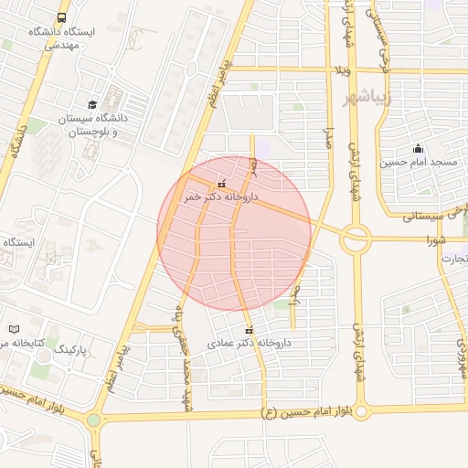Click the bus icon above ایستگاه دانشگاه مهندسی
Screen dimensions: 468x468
click(x=62, y=17)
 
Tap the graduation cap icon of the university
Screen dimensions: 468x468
click(x=92, y=105)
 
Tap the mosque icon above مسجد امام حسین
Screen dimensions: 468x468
click(x=418, y=149)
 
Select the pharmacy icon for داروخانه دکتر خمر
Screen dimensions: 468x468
click(x=222, y=183)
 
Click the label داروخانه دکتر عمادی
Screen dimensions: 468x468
click(x=249, y=343)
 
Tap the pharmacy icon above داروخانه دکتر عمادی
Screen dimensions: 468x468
click(x=249, y=330)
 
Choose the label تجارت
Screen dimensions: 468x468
click(x=450, y=259)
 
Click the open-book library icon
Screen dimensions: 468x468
click(x=14, y=329)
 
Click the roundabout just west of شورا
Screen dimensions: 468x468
click(x=355, y=240)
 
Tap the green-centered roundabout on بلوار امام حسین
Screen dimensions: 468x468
click(x=93, y=420)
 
